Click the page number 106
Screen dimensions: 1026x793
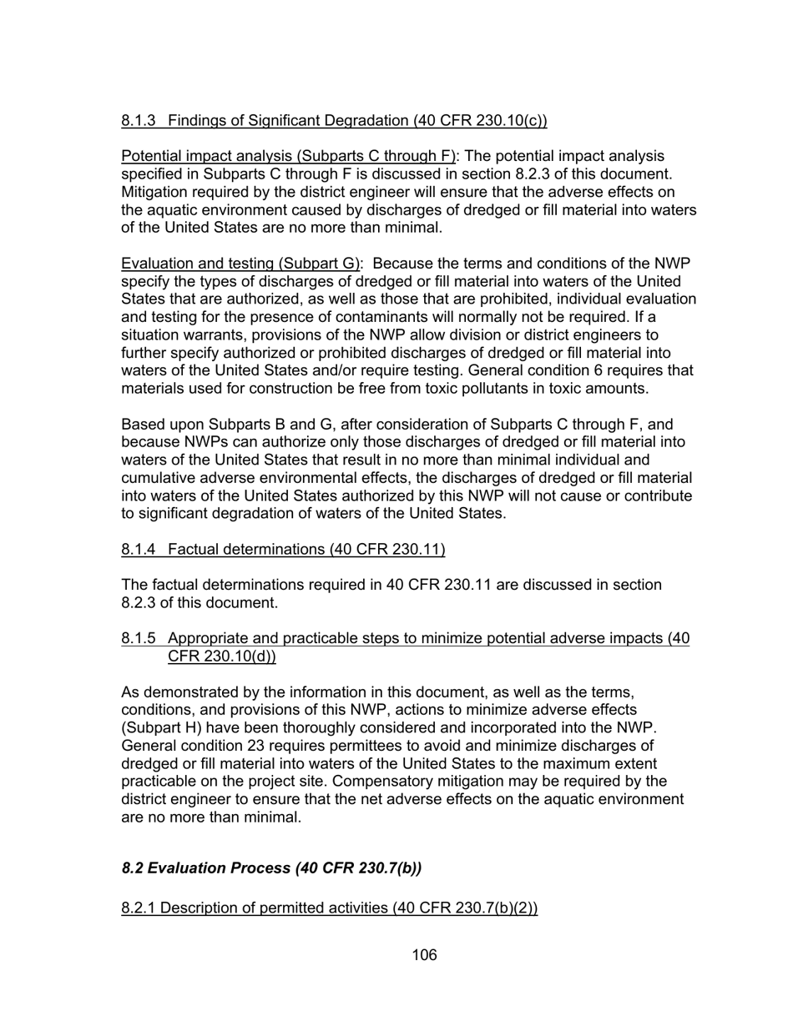[x=424, y=955]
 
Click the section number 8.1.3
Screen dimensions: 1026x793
[x=139, y=121]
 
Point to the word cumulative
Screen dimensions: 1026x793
[x=159, y=478]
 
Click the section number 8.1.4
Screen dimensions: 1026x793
[x=139, y=549]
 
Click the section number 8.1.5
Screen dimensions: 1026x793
[x=139, y=639]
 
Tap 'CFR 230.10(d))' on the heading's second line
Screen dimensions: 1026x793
[x=222, y=656]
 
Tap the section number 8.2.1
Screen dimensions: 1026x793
[x=139, y=908]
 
